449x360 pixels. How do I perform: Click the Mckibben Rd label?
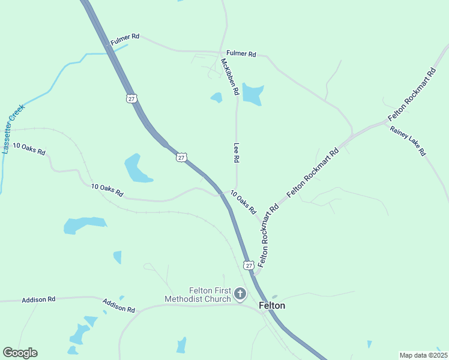[x=230, y=77]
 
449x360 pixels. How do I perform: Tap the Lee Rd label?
[x=237, y=153]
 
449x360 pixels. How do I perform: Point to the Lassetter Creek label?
[x=13, y=129]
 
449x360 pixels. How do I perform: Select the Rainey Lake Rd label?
[x=408, y=141]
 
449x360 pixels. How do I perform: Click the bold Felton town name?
[x=272, y=305]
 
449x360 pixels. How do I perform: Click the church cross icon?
[x=240, y=294]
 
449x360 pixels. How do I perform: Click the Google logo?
[x=20, y=353]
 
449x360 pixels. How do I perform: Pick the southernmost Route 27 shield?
[x=249, y=265]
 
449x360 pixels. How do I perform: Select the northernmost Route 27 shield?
[x=131, y=98]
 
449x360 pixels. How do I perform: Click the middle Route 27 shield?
[x=181, y=157]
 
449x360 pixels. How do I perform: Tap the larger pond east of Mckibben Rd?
[x=253, y=94]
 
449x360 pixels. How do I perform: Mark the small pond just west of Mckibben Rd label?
[x=216, y=97]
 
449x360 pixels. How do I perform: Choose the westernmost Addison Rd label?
[x=38, y=299]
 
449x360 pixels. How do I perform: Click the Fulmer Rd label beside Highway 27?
[x=125, y=40]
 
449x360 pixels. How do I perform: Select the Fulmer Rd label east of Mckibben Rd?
[x=241, y=54]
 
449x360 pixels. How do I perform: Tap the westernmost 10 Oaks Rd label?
[x=29, y=149]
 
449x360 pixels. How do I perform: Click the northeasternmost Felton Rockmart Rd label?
[x=412, y=95]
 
